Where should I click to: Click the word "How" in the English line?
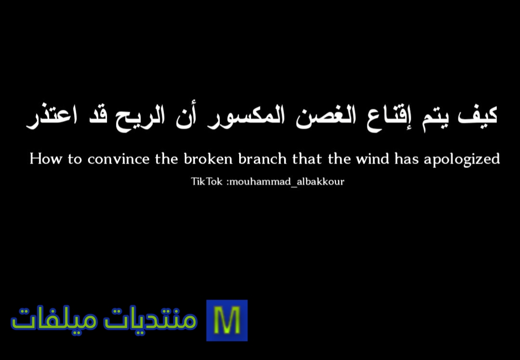[46, 159]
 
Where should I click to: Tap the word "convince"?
[118, 159]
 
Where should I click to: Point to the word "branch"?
[262, 158]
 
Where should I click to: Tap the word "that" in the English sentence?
[307, 158]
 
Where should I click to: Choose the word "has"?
[406, 158]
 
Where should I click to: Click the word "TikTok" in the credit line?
[207, 181]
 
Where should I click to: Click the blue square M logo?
[227, 321]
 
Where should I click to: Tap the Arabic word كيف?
[477, 116]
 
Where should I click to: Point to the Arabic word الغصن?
[325, 116]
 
